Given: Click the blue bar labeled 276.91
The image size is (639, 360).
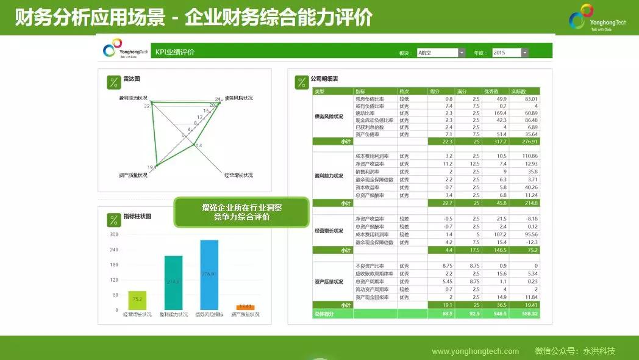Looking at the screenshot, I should (209, 275).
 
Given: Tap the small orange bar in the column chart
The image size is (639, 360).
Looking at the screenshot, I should (245, 307).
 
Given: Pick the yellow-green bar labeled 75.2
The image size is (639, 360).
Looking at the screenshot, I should (137, 300).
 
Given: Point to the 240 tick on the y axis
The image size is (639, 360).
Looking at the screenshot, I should (114, 250).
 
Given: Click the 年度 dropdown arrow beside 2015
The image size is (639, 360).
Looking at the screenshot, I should (525, 53).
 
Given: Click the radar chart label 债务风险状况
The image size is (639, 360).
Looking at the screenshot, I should (238, 98).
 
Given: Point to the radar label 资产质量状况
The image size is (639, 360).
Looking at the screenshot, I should (134, 175).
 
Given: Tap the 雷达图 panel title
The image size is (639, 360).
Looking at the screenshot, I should (132, 79).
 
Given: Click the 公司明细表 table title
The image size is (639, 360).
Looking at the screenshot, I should (324, 79).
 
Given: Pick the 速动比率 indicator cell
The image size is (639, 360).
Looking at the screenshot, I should (366, 113).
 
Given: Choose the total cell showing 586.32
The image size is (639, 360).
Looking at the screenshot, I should (528, 314).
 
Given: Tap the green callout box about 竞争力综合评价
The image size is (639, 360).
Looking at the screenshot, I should (241, 212).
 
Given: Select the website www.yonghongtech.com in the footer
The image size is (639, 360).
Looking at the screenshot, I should (475, 351).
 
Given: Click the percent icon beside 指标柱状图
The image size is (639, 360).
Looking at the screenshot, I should (113, 219).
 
